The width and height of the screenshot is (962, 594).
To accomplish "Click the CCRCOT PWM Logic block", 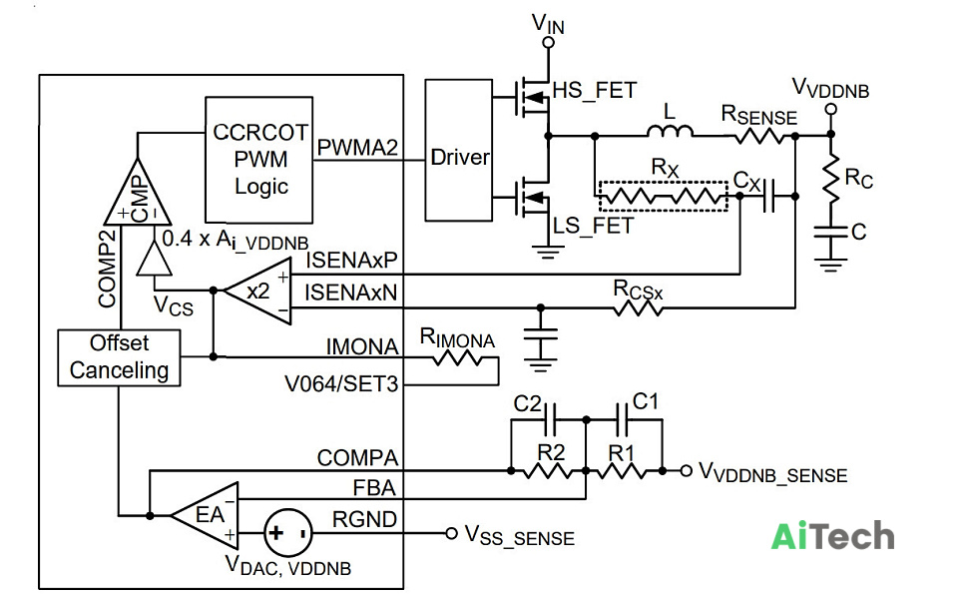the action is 258,160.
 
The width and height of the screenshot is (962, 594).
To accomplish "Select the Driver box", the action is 459,151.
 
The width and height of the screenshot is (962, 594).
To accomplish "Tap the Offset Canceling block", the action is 119,357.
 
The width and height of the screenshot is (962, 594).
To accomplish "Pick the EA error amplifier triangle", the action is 205,515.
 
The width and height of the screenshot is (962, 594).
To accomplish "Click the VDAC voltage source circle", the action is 288,533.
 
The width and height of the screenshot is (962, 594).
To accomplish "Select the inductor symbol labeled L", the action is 670,131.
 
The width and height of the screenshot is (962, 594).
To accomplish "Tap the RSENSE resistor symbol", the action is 760,136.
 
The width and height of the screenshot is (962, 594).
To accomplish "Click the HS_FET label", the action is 595,91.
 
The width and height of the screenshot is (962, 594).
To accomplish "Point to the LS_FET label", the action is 592,226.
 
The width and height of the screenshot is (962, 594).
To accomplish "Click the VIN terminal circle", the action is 549,42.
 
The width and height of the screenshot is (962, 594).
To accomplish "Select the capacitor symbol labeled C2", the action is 550,419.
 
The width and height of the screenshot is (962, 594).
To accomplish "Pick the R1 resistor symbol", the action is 621,471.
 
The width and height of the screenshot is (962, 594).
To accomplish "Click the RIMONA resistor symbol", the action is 457,357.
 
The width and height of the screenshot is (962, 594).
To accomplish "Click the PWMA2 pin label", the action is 357,148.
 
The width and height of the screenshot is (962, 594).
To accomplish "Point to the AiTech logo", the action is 832,536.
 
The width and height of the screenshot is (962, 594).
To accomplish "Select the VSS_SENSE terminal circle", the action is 451,533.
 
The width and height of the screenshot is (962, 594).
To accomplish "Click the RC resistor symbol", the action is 830,179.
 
